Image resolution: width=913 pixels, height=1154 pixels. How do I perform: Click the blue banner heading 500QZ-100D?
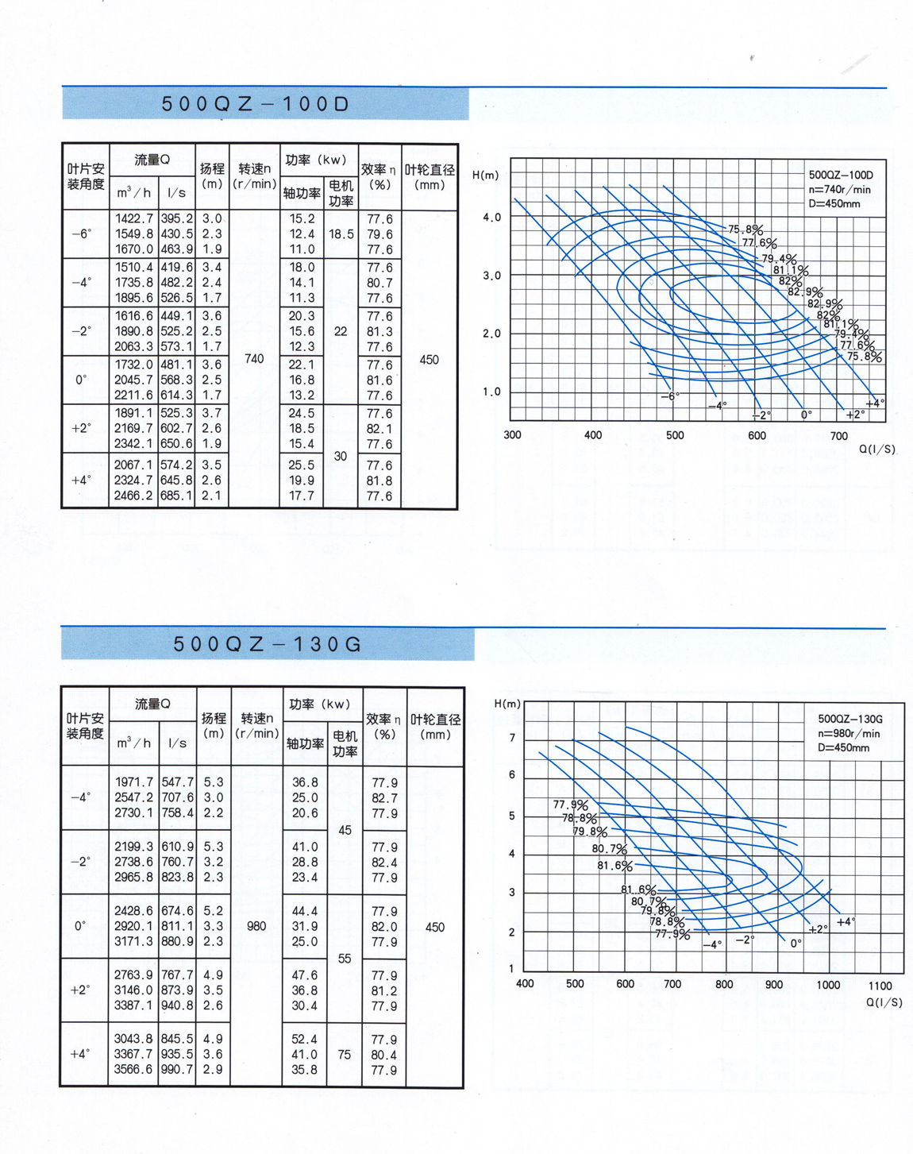pos(256,104)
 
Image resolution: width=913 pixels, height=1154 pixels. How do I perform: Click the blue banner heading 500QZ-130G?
pos(267,644)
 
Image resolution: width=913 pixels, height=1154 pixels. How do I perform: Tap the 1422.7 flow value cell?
pos(134,218)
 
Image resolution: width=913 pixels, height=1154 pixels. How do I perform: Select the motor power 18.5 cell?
pos(341,234)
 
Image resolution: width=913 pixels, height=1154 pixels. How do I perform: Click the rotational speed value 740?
pos(254,359)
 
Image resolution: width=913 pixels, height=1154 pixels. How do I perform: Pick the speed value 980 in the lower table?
pos(256,926)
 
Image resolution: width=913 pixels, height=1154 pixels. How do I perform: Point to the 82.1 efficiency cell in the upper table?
pos(379,429)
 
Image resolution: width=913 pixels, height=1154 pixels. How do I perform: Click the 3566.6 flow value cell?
pos(133,1070)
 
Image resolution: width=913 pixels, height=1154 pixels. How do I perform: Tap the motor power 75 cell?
pos(344,1055)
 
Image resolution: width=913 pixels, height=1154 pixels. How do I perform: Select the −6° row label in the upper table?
pos(82,234)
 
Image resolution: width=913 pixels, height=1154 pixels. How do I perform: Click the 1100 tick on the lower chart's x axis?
pos(879,986)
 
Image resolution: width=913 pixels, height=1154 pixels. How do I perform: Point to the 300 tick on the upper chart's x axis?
pos(512,435)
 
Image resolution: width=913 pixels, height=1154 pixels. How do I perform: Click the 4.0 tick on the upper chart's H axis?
pos(492,218)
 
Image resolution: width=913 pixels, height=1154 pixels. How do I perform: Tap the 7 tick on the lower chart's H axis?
pos(512,738)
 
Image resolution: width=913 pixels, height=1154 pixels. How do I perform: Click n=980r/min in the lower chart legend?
pos(849,733)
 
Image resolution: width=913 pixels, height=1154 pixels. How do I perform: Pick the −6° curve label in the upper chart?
pos(671,396)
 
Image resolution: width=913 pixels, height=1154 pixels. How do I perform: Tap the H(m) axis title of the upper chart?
pos(486,175)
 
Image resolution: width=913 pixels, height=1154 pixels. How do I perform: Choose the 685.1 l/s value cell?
pos(177,496)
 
